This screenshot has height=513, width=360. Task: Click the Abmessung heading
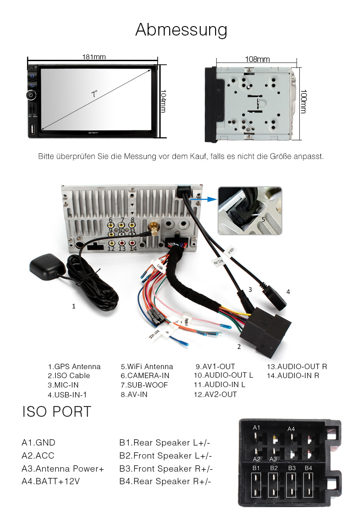point(181,30)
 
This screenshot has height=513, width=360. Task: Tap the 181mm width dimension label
point(94,57)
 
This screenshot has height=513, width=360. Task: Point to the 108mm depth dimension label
point(257,59)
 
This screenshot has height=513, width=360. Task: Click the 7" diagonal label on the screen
point(94,94)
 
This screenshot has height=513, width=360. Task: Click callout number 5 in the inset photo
point(263,220)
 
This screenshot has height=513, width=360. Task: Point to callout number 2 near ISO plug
point(239,347)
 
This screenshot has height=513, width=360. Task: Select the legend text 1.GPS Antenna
point(74,366)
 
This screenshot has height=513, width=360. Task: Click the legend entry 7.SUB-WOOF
point(144,385)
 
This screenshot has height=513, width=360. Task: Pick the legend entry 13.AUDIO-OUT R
point(297,366)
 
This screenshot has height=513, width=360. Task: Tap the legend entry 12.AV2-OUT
point(215,395)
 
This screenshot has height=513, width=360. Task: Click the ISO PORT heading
point(57,411)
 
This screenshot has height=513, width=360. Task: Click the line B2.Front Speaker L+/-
point(165,456)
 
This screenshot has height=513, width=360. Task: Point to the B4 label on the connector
point(308,468)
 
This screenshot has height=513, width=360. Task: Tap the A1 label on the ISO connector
point(256,427)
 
